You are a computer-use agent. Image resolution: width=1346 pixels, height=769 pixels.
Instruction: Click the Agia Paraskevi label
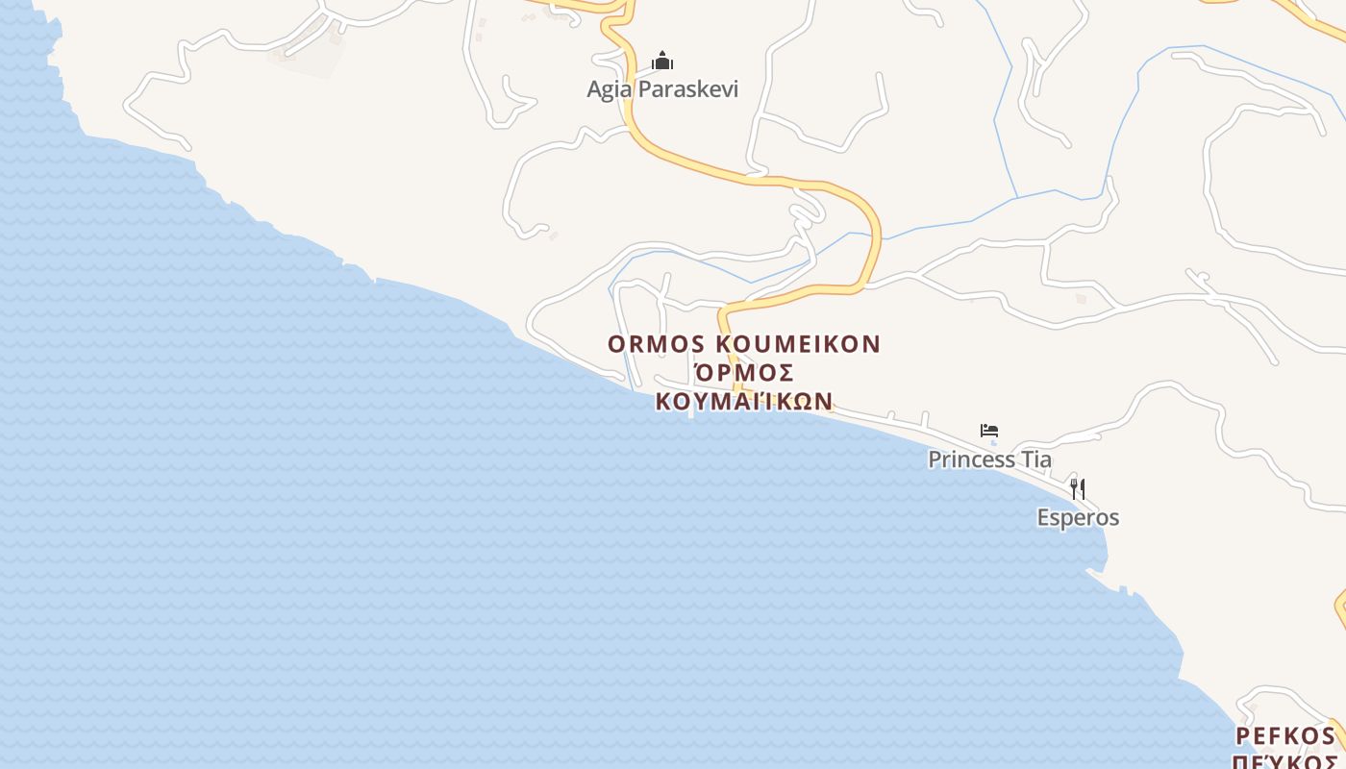click(662, 89)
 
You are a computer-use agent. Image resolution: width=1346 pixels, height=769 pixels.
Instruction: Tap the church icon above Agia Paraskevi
click(662, 62)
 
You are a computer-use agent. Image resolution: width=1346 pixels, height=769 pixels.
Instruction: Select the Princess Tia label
click(989, 459)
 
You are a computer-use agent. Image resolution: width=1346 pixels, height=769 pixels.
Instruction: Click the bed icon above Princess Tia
click(989, 431)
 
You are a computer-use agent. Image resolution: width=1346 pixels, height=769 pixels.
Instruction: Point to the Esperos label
click(1078, 517)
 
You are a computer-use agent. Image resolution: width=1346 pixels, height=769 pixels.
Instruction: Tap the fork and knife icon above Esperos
click(1078, 488)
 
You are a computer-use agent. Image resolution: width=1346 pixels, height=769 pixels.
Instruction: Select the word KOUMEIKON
click(799, 344)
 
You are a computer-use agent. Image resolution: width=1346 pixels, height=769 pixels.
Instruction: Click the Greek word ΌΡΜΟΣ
click(744, 373)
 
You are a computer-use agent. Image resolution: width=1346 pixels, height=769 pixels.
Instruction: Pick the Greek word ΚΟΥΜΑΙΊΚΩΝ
click(744, 401)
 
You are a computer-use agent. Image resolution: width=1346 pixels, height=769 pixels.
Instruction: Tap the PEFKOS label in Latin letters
click(1285, 736)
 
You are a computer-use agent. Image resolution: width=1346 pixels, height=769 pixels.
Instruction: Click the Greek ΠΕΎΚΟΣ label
click(1285, 761)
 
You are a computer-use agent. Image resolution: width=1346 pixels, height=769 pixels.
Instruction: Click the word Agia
click(610, 89)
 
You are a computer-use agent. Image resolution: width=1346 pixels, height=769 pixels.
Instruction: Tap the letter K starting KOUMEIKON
click(725, 344)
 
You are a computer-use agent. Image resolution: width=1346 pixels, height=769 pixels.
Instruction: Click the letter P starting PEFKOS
click(1242, 736)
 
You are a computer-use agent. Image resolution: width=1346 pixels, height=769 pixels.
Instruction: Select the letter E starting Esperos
click(1043, 517)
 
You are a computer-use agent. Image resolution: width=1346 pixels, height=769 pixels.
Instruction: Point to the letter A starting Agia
click(594, 89)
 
